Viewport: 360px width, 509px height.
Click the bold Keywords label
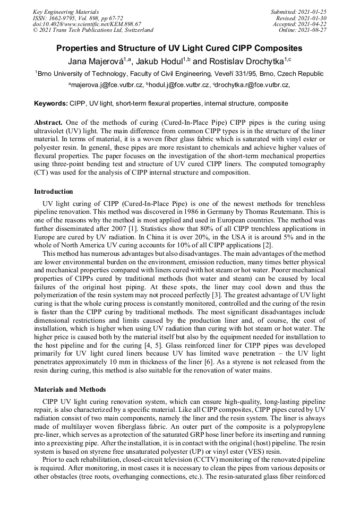(51, 103)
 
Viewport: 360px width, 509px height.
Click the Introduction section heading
(54, 192)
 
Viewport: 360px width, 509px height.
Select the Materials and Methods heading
(70, 389)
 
